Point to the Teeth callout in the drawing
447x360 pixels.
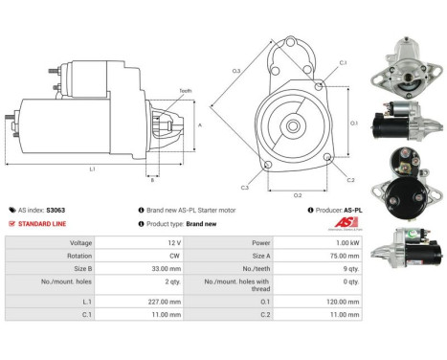coord(185,91)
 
